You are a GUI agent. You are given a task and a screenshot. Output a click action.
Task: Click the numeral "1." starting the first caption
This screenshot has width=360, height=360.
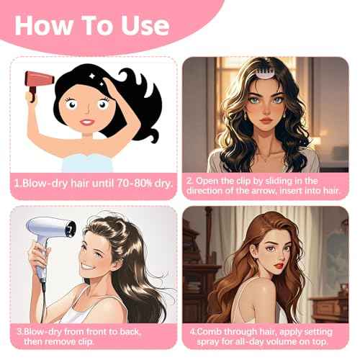click(x=17, y=184)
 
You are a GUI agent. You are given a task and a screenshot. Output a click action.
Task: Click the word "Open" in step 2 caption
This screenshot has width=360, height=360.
click(x=210, y=177)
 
